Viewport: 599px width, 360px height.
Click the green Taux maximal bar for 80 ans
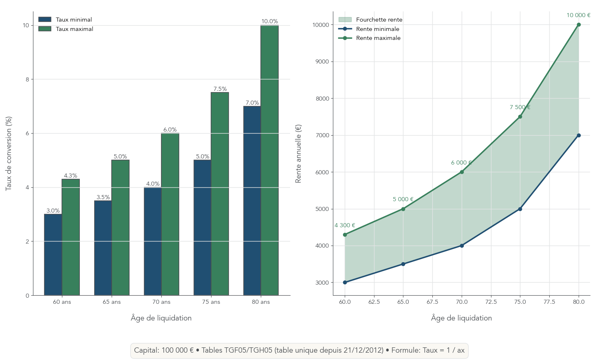coord(269,160)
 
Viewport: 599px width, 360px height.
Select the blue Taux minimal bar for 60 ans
coord(53,255)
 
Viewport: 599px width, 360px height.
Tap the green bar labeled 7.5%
coord(220,194)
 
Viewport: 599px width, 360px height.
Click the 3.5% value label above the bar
coord(103,197)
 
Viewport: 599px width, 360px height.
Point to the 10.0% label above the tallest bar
coord(269,22)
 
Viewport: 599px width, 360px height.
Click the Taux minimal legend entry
coord(74,20)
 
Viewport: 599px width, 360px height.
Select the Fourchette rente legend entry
coord(379,20)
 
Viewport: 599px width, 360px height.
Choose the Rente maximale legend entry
coord(378,38)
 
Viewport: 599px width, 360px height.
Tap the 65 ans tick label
coord(112,302)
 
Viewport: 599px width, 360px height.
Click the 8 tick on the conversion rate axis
coord(27,79)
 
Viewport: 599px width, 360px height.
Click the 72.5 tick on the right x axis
coord(491,302)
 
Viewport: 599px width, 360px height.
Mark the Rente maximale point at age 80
coord(579,25)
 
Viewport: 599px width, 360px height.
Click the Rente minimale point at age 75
coord(520,209)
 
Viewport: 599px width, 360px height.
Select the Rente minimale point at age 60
coord(345,282)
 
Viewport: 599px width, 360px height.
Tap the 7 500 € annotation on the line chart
coord(520,108)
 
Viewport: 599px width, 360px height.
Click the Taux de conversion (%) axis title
coord(9,153)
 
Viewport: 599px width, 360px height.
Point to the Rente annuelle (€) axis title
coord(298,154)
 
